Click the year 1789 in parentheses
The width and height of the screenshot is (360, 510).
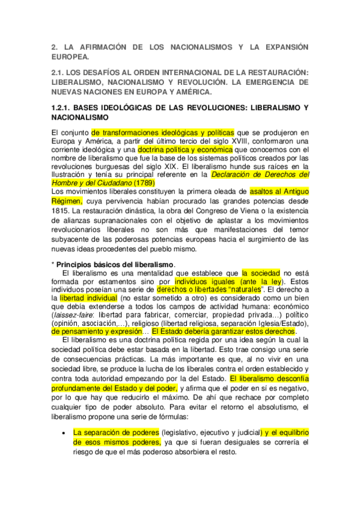[144, 182]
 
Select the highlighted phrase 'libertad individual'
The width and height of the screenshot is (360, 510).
[89, 296]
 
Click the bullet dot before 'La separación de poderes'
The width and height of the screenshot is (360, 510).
[64, 432]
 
